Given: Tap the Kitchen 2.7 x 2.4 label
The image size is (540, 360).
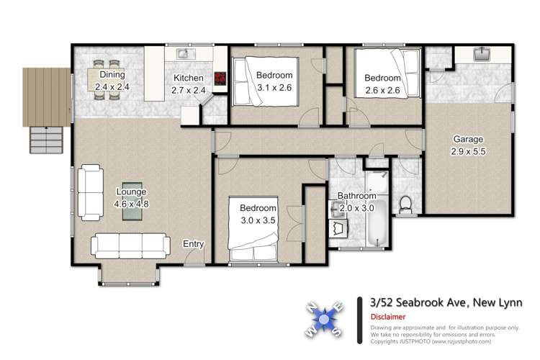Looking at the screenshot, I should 188,84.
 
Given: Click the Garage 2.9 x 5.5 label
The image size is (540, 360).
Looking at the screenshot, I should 467,145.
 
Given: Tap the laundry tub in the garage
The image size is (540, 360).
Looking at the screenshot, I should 482,54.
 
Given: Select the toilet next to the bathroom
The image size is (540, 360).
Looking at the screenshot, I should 405,204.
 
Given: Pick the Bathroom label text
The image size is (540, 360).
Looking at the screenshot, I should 357,196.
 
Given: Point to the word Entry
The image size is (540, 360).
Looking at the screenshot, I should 193,244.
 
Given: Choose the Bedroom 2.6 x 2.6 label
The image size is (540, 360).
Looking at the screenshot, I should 382,84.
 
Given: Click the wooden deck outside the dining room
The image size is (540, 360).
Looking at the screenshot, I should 46,96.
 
